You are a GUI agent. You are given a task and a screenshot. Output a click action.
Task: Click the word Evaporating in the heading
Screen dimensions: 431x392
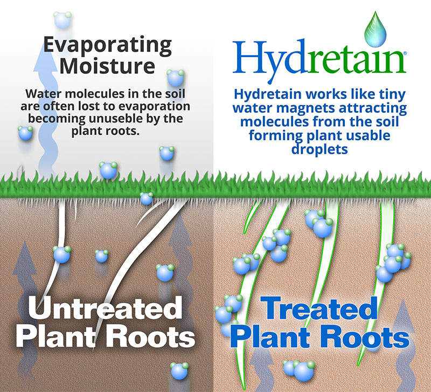(x=107, y=45)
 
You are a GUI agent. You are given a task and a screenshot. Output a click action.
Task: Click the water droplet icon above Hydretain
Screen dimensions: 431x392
(x=375, y=29)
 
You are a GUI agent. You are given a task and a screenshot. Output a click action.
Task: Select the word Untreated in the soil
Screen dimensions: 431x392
(x=105, y=308)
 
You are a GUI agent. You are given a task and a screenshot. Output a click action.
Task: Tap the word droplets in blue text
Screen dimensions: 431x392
(x=319, y=149)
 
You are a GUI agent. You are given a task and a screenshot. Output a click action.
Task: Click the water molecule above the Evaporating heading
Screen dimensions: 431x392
(x=62, y=20)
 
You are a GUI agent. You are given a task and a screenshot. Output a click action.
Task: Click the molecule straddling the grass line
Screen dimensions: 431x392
(x=146, y=198)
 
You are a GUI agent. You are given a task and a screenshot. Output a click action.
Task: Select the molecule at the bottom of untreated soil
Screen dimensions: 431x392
(x=179, y=371)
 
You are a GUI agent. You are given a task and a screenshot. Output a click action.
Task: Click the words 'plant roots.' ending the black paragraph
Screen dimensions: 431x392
(x=106, y=131)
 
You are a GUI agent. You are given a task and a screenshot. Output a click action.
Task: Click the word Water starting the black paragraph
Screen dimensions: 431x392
(x=43, y=94)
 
